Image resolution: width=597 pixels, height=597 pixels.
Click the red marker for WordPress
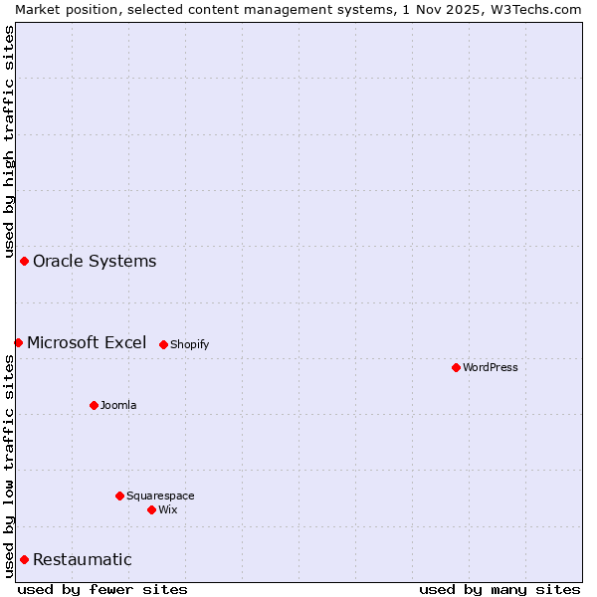click(x=456, y=367)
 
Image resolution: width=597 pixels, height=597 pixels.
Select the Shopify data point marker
click(x=163, y=344)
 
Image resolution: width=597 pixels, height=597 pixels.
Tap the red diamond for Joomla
click(x=94, y=405)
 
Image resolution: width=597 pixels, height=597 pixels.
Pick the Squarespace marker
click(x=119, y=496)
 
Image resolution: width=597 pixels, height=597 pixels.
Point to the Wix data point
click(x=151, y=509)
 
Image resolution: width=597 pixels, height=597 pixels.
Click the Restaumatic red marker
click(x=24, y=559)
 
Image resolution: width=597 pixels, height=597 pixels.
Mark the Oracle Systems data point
click(x=24, y=261)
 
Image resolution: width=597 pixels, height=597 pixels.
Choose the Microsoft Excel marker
click(x=18, y=342)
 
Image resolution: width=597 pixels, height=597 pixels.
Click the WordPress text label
click(x=491, y=367)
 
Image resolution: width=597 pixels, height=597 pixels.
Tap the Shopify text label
click(x=189, y=344)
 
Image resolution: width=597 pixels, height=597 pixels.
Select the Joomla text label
click(x=118, y=405)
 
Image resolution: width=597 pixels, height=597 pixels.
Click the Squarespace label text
click(x=160, y=496)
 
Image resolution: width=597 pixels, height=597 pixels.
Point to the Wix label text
click(x=168, y=509)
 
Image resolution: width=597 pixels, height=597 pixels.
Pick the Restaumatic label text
click(x=83, y=559)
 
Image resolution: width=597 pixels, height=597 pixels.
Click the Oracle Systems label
click(x=95, y=261)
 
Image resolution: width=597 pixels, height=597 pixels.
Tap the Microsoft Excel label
click(x=87, y=342)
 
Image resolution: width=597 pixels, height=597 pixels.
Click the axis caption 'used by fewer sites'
click(x=102, y=589)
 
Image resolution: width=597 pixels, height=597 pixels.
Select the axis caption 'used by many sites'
click(x=499, y=589)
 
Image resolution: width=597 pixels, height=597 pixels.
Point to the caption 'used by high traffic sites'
click(x=9, y=138)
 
